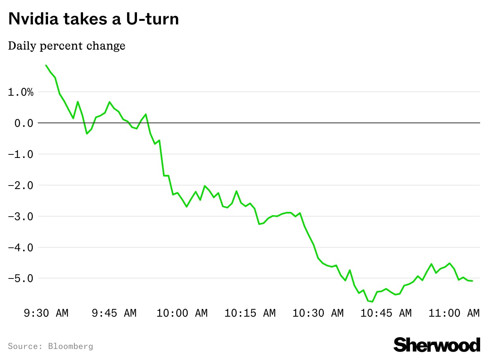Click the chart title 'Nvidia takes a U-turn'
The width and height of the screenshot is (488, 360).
(x=93, y=19)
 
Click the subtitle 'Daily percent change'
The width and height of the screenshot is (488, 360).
(x=67, y=46)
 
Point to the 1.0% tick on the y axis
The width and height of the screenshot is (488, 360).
(x=21, y=92)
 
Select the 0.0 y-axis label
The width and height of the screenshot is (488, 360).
(x=24, y=123)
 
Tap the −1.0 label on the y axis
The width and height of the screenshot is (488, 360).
(x=21, y=154)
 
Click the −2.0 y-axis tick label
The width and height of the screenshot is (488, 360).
(x=21, y=186)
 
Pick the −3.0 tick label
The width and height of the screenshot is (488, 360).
(x=21, y=217)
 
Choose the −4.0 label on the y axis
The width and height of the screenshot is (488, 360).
(x=21, y=248)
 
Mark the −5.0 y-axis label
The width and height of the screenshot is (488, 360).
(x=21, y=278)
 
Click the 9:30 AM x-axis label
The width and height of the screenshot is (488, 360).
(x=46, y=313)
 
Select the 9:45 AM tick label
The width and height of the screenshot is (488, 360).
(x=114, y=313)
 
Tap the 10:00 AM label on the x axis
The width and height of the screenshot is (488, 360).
(x=182, y=313)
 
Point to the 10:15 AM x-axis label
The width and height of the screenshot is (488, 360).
(x=250, y=313)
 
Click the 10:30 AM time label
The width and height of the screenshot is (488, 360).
(x=318, y=313)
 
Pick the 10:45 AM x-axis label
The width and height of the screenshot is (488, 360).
(x=386, y=313)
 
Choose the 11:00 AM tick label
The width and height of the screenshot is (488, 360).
(x=454, y=313)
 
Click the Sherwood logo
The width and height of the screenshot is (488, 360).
(x=437, y=345)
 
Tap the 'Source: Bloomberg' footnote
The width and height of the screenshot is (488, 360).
(x=50, y=346)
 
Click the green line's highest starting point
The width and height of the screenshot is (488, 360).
(x=46, y=65)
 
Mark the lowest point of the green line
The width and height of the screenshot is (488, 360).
(x=372, y=302)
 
